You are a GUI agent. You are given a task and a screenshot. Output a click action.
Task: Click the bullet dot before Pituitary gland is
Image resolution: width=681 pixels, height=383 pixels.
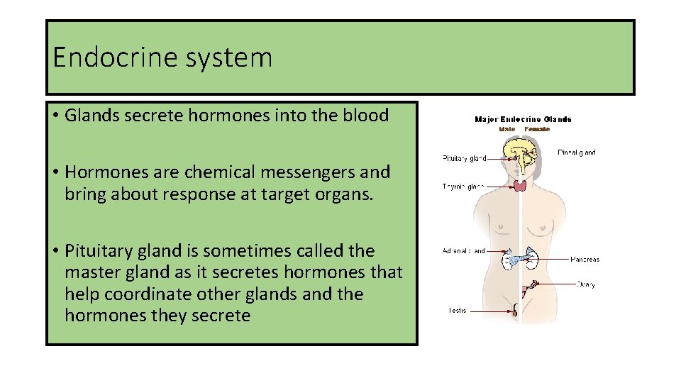(x=55, y=251)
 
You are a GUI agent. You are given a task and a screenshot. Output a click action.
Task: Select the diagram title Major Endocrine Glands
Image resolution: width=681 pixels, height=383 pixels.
(x=523, y=119)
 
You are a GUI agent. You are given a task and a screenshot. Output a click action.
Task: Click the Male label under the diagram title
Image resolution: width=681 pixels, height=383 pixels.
(x=506, y=129)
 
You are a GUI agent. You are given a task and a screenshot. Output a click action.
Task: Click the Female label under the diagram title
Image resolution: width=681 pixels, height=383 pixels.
(x=537, y=129)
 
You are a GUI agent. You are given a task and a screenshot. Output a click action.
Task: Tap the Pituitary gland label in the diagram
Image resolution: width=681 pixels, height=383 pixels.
(x=464, y=158)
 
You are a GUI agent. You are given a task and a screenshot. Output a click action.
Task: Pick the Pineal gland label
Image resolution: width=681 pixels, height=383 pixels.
(x=576, y=152)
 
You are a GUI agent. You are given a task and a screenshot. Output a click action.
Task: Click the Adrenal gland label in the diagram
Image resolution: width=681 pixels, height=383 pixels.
(x=464, y=251)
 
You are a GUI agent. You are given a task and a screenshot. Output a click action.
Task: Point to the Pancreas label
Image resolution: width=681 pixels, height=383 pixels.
(x=585, y=260)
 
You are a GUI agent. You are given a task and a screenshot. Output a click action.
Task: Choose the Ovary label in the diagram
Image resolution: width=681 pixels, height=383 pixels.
(x=585, y=285)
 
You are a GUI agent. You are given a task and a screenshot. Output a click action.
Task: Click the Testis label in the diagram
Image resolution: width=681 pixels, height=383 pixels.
(x=457, y=311)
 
